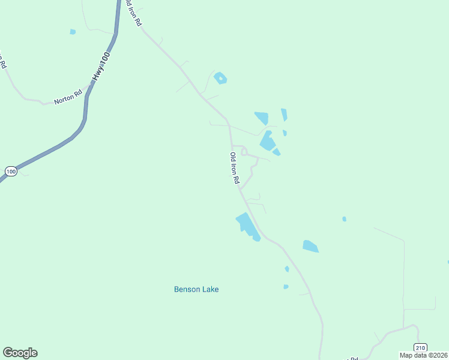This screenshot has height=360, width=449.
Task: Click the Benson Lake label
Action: [x=196, y=289]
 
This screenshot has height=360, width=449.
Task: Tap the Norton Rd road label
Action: [x=67, y=98]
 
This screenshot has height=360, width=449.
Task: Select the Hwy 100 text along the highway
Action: [x=101, y=67]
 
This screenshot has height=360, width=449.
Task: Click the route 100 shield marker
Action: [x=11, y=172]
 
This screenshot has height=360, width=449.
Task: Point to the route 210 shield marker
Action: [x=420, y=347]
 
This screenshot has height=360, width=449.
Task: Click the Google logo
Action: [x=20, y=353]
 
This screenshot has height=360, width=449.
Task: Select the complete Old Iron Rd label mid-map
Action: [x=235, y=168]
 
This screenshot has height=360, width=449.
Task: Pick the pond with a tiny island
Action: [x=220, y=78]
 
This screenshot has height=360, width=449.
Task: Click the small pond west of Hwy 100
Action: [x=73, y=32]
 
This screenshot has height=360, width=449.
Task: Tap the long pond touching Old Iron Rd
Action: [x=247, y=226]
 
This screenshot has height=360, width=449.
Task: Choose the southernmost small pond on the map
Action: [x=286, y=287]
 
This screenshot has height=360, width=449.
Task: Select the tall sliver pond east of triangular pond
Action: [x=284, y=115]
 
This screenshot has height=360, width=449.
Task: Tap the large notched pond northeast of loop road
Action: [x=267, y=142]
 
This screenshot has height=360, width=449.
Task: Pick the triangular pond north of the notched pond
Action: [x=262, y=118]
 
